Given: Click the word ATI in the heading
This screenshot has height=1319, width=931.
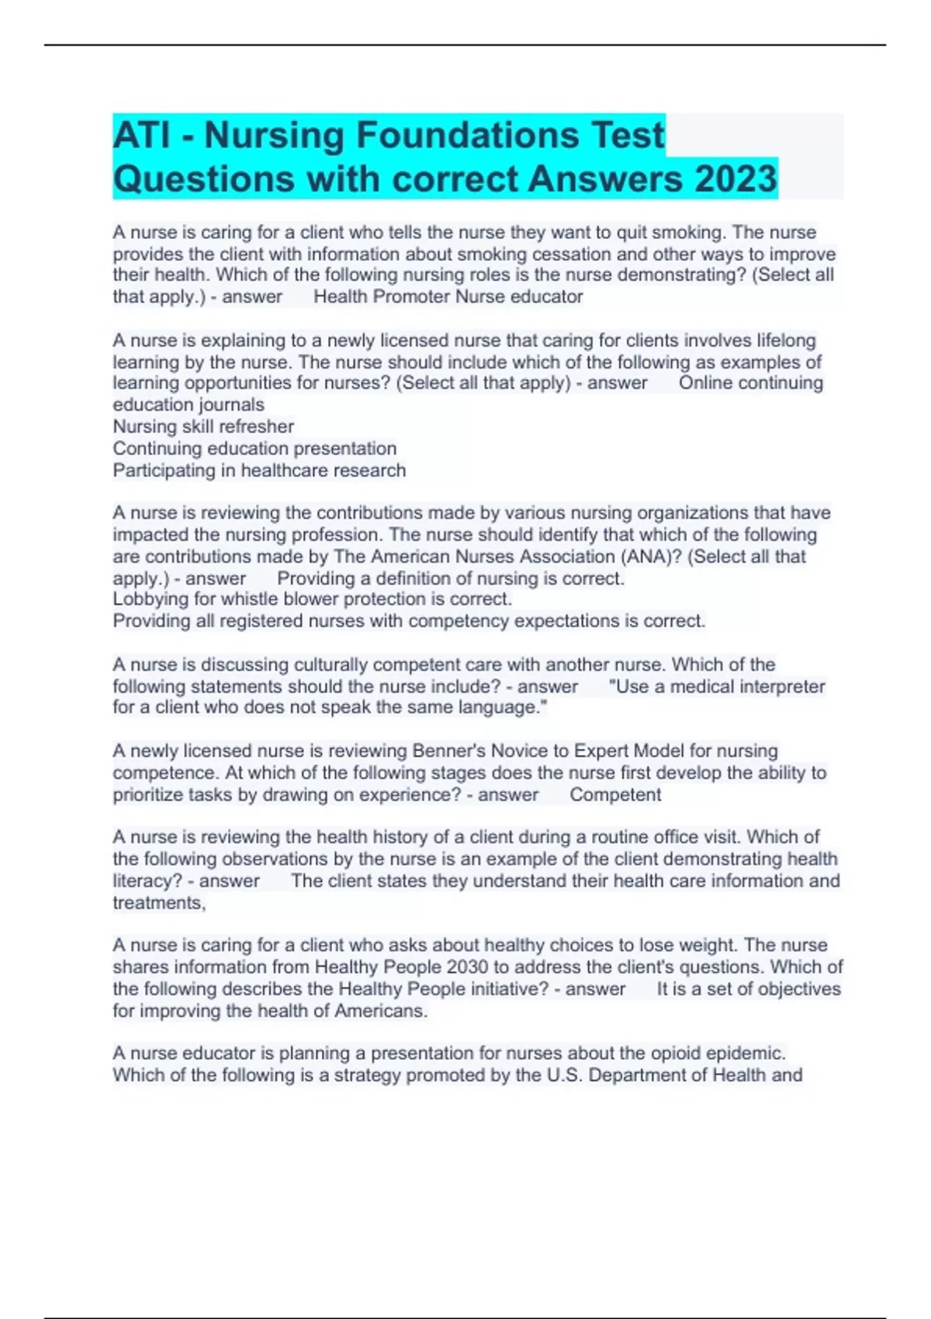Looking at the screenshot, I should pyautogui.click(x=141, y=136).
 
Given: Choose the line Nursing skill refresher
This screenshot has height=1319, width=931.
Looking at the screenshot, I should pyautogui.click(x=203, y=427).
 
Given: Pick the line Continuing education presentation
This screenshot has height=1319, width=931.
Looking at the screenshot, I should pyautogui.click(x=254, y=448).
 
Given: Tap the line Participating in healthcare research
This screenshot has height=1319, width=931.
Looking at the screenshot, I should pyautogui.click(x=259, y=470).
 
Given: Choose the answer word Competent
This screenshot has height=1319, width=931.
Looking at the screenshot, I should pyautogui.click(x=615, y=795).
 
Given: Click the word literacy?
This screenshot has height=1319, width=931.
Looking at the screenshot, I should pyautogui.click(x=147, y=881).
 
